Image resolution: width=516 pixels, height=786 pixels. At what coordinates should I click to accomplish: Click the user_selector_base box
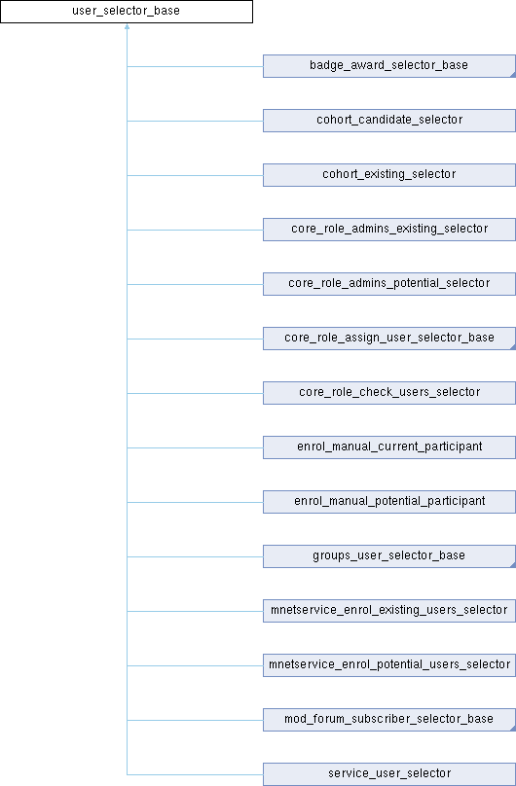coord(127,12)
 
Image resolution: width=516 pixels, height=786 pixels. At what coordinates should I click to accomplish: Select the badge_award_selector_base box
coord(388,66)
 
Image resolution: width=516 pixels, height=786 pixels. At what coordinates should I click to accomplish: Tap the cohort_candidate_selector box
coord(388,121)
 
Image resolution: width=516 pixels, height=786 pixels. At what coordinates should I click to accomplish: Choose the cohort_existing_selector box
coord(388,175)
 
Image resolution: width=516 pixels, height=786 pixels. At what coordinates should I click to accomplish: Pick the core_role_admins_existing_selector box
coord(388,230)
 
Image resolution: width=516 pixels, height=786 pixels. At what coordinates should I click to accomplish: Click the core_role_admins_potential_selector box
coord(388,284)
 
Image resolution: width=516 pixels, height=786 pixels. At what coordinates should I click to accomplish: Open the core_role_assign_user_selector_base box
coord(388,339)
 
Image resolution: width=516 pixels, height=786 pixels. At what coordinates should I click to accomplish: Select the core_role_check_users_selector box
coord(388,393)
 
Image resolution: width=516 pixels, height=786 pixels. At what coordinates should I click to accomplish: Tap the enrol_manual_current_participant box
coord(388,447)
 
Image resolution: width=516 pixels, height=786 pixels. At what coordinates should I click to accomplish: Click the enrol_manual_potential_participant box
coord(388,502)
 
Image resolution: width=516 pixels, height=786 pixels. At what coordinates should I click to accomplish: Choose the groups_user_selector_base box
coord(388,556)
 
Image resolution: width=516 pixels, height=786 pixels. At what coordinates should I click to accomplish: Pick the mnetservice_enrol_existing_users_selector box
coord(388,611)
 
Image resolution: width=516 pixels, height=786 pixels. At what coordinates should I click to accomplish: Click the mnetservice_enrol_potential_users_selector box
coord(388,665)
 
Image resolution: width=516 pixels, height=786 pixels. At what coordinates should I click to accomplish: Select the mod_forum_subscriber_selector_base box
coord(388,720)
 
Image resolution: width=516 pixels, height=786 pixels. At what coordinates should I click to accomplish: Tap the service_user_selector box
coord(388,774)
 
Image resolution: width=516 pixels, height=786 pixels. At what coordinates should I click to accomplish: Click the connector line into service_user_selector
coord(195,774)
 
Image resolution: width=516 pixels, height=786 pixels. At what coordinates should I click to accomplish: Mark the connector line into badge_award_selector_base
coord(195,66)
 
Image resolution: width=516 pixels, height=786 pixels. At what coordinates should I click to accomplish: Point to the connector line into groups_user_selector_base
coord(195,556)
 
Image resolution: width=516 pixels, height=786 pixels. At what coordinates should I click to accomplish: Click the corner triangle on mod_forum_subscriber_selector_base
coord(511,728)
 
